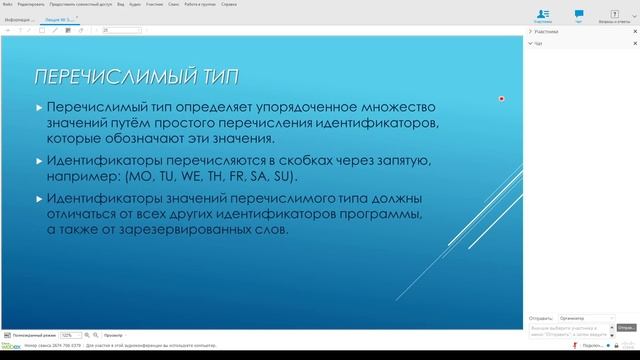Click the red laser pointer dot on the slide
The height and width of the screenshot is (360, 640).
[x=501, y=98]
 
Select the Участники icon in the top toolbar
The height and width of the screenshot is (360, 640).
[x=542, y=12]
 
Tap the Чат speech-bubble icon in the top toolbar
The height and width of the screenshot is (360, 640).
[x=579, y=12]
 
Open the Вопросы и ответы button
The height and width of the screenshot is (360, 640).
[x=614, y=12]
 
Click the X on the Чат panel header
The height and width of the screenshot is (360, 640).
[x=633, y=44]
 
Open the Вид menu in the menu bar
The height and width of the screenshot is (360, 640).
[x=121, y=4]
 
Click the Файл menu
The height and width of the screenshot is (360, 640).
[x=8, y=4]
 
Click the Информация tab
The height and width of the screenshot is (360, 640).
[x=19, y=19]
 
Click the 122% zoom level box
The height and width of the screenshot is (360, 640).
[x=71, y=335]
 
